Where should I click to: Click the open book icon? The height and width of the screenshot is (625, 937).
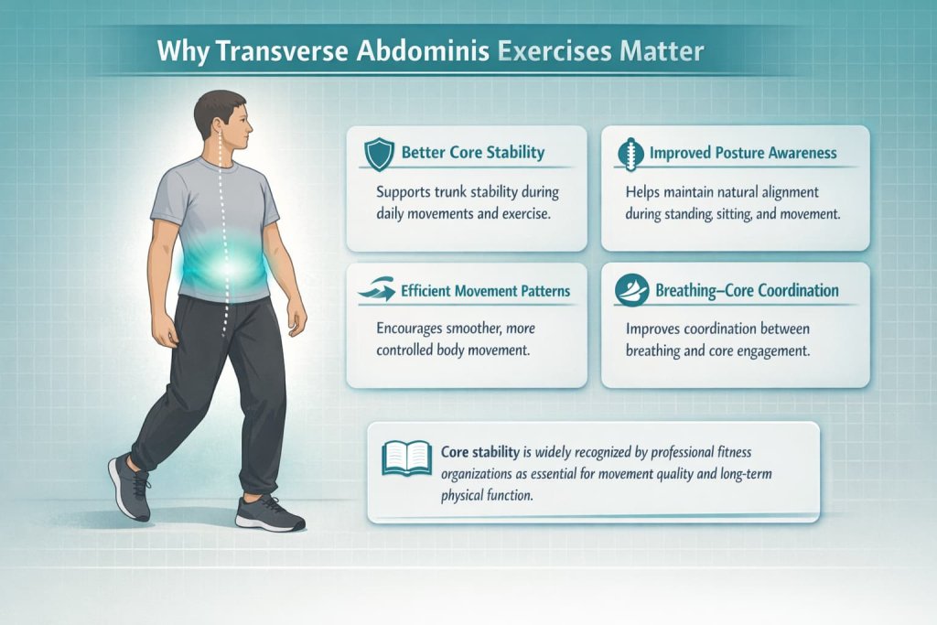(406, 458)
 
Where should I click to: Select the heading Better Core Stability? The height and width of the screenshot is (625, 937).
(471, 153)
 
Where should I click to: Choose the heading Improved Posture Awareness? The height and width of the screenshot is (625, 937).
(743, 153)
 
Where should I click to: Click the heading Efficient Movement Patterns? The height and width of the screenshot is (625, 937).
(485, 292)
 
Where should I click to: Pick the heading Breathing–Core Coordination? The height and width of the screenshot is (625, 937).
(747, 291)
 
